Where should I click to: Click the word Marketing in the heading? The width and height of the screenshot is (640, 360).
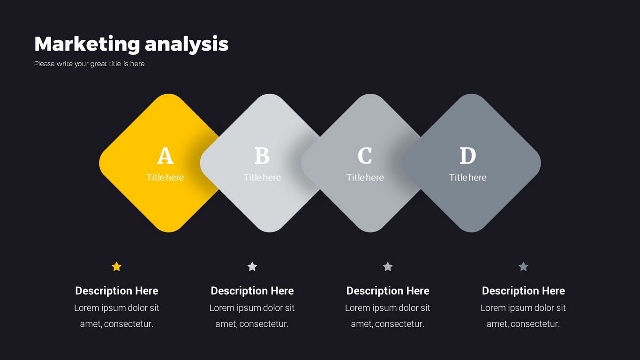87,45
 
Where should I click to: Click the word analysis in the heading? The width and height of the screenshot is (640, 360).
187,45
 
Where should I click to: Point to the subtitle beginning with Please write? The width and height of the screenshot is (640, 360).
89,64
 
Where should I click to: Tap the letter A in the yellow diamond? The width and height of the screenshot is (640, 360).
165,156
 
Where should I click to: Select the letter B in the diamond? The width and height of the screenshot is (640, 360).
262,156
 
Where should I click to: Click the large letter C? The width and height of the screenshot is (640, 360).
365,156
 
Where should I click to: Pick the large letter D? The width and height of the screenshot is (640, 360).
468,156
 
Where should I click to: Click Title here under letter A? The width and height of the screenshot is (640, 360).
165,178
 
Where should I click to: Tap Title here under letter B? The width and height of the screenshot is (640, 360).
262,178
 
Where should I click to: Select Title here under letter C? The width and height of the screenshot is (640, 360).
365,178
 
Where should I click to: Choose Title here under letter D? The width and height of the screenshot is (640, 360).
468,178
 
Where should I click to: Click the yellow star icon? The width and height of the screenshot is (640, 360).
117,267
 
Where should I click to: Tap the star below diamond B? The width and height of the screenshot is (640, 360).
252,267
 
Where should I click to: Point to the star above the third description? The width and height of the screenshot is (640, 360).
388,267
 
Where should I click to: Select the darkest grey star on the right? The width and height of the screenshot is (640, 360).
523,267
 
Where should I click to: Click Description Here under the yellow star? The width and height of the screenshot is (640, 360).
117,291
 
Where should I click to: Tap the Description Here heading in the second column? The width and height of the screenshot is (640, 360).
252,291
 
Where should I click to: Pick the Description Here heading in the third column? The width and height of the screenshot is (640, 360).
388,291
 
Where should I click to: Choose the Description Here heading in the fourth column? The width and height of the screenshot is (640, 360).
523,291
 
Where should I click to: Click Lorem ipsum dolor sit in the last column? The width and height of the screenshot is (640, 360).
523,308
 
